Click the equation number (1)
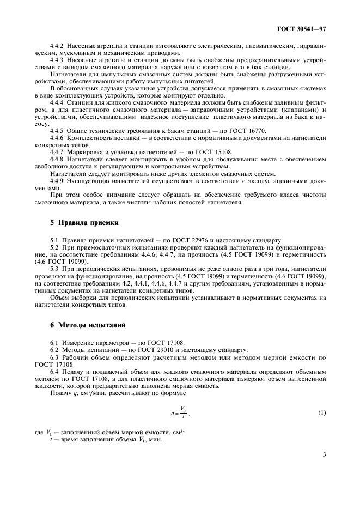click(322, 412)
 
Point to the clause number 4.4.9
click(57, 179)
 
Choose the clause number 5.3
click(54, 268)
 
